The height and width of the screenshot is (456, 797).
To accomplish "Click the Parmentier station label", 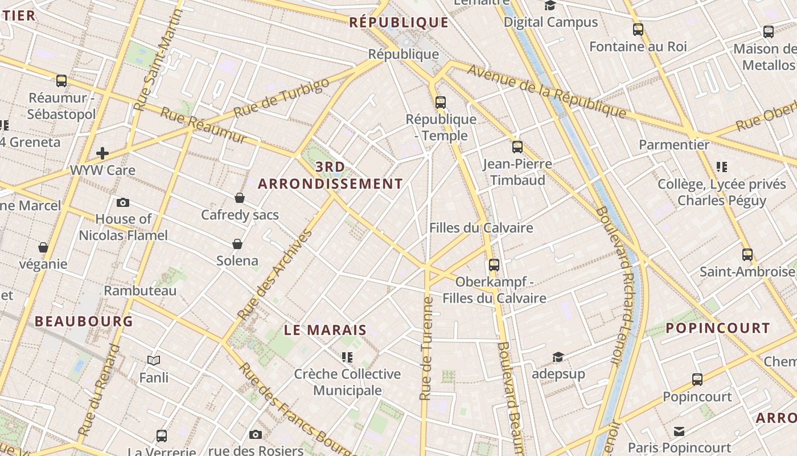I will tap(674, 145).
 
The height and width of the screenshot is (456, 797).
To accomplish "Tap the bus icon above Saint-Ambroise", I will tap(747, 254).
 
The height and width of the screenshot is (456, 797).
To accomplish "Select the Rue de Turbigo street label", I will tap(281, 97).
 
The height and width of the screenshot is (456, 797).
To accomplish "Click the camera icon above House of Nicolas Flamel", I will tap(122, 202).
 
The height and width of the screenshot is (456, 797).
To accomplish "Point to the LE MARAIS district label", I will tap(325, 330).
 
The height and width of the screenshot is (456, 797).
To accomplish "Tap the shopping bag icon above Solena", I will tap(237, 244).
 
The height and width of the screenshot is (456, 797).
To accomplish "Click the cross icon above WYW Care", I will tap(102, 153).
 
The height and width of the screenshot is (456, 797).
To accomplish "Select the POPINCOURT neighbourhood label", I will tap(718, 328).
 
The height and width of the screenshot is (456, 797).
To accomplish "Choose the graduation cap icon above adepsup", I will tap(558, 357).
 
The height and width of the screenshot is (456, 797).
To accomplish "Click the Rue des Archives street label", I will tap(276, 274).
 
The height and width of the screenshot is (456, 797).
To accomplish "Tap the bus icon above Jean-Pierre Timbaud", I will tap(517, 147).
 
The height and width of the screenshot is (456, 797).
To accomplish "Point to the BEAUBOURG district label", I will tap(84, 321).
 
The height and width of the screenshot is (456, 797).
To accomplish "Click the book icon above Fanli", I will tap(154, 360).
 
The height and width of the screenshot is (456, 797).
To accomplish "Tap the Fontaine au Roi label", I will tap(638, 47).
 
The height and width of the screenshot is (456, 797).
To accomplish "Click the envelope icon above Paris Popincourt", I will tap(679, 431).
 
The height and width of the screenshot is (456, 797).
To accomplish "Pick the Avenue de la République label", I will tap(547, 91).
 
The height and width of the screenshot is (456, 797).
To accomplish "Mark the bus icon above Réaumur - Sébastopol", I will tap(61, 81).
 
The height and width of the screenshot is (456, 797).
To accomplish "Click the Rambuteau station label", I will tap(140, 291).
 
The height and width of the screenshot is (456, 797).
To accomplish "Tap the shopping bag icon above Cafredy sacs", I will tap(240, 198).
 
